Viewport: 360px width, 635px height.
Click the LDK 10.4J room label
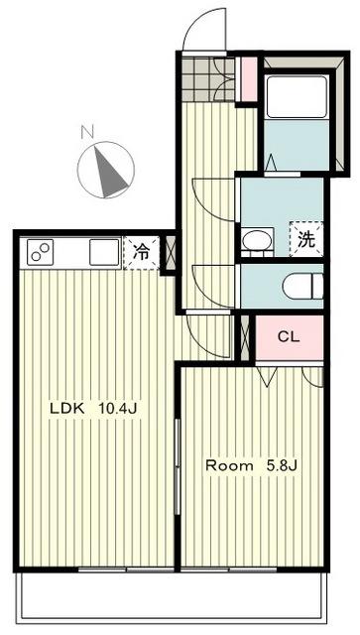click(x=94, y=409)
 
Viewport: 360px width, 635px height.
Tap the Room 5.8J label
click(x=252, y=465)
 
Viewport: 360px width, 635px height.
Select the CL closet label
click(x=289, y=336)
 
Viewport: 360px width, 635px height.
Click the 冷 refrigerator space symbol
click(x=142, y=253)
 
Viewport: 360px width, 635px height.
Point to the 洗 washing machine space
click(x=306, y=239)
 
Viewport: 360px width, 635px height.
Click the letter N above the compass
click(x=87, y=132)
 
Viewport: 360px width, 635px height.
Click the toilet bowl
click(x=302, y=286)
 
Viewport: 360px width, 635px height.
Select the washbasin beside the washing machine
click(x=256, y=241)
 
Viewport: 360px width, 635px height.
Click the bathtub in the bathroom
click(x=296, y=96)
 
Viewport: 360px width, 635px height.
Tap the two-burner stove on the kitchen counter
click(x=41, y=252)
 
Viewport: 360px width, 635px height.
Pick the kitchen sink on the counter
click(x=104, y=252)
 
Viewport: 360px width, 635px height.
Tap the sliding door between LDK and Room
click(x=177, y=466)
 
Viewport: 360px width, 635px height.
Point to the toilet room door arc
click(x=211, y=287)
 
